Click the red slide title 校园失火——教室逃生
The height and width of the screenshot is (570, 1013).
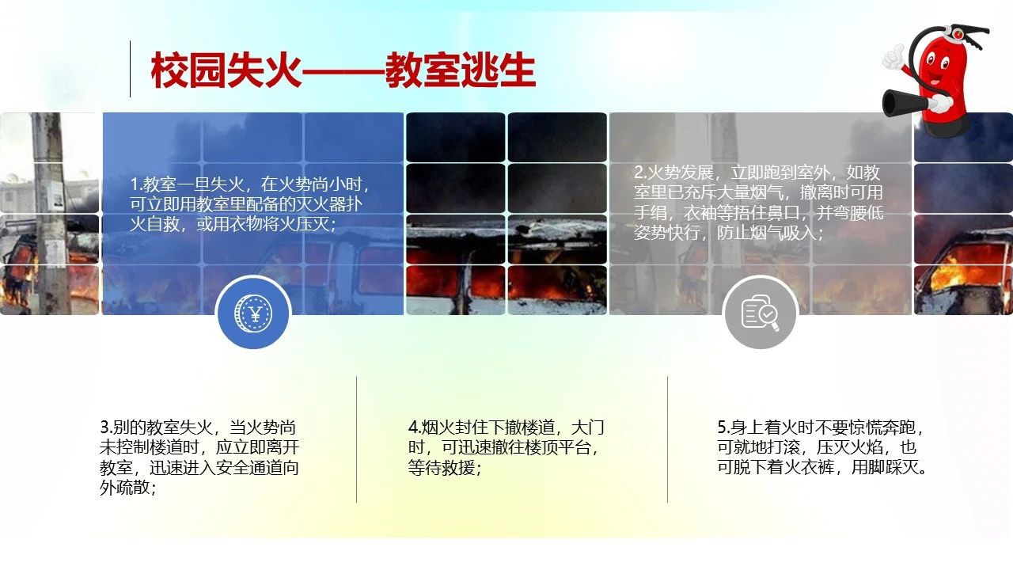343,70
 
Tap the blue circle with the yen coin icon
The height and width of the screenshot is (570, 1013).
253,313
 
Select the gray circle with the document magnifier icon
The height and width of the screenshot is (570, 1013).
761,313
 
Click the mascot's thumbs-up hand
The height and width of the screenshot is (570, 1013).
893,58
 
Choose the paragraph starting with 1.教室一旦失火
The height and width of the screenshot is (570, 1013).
251,204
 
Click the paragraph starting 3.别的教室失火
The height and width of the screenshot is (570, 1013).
199,457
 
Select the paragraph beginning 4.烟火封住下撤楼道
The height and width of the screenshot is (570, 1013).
506,447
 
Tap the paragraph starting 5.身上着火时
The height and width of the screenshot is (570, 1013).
821,447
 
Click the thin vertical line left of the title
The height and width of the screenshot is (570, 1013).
131,69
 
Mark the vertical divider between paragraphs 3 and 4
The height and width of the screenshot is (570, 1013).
356,439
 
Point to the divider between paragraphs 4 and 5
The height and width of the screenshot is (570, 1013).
667,439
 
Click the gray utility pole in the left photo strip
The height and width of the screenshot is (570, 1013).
51,213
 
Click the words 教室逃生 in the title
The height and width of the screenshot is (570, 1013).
461,70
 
